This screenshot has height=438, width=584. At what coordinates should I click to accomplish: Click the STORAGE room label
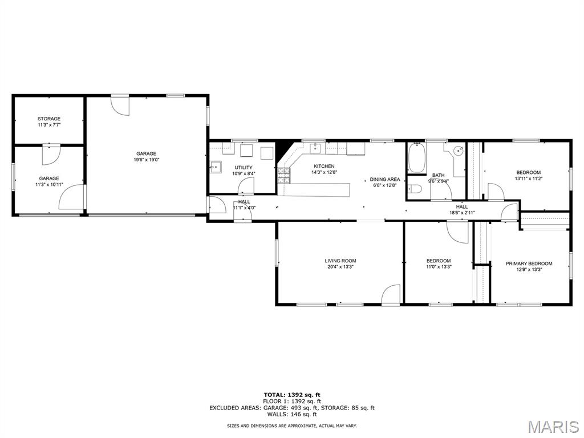pyautogui.click(x=49, y=119)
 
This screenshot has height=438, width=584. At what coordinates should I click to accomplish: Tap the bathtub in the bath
pyautogui.click(x=417, y=159)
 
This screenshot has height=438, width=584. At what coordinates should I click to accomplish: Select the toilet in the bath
pyautogui.click(x=415, y=189)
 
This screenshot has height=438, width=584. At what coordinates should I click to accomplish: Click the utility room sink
pyautogui.click(x=216, y=168)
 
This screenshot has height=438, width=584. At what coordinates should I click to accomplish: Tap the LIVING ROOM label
pyautogui.click(x=340, y=261)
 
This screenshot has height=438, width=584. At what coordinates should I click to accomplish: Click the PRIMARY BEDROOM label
pyautogui.click(x=529, y=263)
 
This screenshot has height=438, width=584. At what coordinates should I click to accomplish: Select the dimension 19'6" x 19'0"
pyautogui.click(x=146, y=160)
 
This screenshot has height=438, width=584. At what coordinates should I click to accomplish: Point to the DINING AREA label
pyautogui.click(x=385, y=180)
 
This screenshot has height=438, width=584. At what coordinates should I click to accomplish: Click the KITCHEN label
pyautogui.click(x=324, y=167)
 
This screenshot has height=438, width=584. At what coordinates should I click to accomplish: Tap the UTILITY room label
pyautogui.click(x=244, y=168)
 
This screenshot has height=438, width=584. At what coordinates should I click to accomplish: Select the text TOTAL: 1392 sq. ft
pyautogui.click(x=292, y=395)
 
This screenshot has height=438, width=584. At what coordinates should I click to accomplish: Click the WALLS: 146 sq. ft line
pyautogui.click(x=292, y=414)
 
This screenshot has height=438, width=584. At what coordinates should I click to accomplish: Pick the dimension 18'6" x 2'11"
pyautogui.click(x=462, y=213)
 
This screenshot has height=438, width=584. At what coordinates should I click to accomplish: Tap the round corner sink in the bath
pyautogui.click(x=459, y=151)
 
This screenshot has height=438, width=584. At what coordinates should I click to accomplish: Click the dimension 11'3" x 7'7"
pyautogui.click(x=49, y=125)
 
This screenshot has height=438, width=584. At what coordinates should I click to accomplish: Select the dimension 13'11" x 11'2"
pyautogui.click(x=528, y=179)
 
